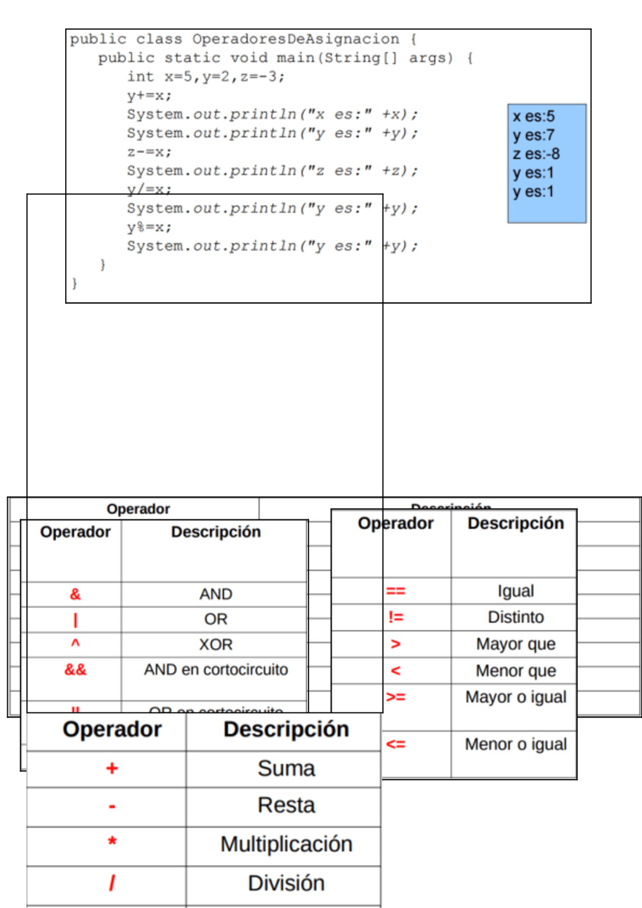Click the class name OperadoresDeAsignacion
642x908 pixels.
(295, 39)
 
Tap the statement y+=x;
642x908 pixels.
(149, 95)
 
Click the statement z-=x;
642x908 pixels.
(149, 152)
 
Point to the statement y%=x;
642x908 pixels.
(149, 227)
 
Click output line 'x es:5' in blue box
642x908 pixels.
(534, 116)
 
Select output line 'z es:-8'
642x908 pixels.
(536, 154)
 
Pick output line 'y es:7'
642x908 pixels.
(534, 135)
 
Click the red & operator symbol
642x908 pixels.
(75, 594)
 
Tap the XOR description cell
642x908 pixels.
(216, 644)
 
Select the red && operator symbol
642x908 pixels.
(75, 670)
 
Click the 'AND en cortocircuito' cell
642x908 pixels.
(216, 670)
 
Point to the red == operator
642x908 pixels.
(395, 591)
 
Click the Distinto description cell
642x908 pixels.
(516, 617)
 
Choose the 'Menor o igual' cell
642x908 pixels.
(516, 745)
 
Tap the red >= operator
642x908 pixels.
(396, 697)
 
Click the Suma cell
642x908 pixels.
(286, 769)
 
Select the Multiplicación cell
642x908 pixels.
(286, 844)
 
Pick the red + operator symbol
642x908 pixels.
(112, 769)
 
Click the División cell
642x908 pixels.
(286, 883)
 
